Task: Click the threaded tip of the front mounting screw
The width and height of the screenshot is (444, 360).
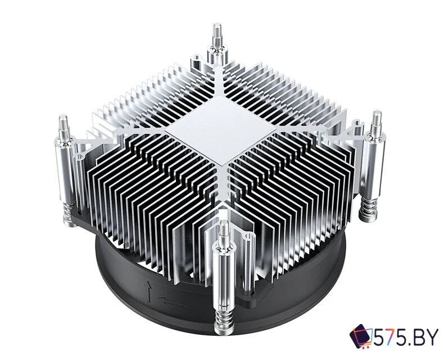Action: [225, 231]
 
